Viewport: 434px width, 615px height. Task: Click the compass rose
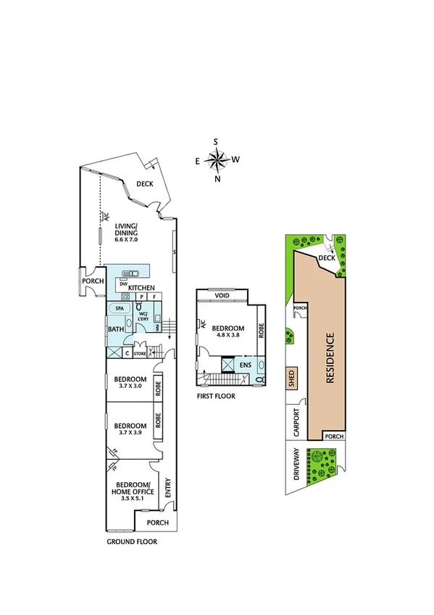pos(217,160)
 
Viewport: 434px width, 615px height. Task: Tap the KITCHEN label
pos(142,289)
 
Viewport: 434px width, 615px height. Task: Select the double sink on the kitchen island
pos(131,273)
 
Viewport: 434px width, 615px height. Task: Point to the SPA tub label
pos(120,308)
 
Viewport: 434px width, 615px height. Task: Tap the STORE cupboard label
pos(140,354)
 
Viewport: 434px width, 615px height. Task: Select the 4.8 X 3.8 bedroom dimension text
pos(229,335)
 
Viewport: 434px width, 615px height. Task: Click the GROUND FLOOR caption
pos(132,541)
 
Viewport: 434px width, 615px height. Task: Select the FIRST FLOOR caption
pos(215,397)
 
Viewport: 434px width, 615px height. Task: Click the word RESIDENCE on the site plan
pos(329,358)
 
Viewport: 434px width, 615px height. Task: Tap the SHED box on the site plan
pos(291,379)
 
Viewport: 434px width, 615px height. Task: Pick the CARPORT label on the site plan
pos(296,423)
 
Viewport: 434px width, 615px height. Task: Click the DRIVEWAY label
pos(296,464)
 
